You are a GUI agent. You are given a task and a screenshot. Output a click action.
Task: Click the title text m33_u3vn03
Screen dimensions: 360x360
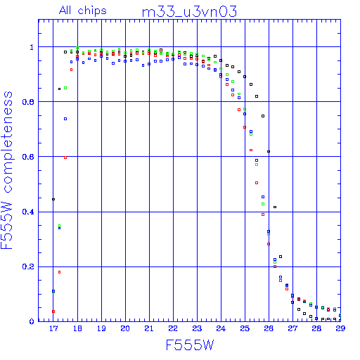[189, 11]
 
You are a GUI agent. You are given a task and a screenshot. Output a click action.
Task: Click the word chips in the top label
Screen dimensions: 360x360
[92, 11]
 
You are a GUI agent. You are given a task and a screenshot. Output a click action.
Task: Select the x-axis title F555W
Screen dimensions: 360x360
[190, 345]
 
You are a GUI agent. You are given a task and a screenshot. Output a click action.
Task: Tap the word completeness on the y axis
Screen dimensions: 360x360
[8, 142]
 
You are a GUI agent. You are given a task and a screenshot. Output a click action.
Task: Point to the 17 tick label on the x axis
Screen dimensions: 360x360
[53, 328]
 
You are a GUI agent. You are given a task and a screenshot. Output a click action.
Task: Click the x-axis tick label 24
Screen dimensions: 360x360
[221, 328]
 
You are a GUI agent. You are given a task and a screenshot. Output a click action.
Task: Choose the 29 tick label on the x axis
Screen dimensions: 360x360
[340, 328]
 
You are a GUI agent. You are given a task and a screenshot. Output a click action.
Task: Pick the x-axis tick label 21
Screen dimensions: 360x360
[149, 328]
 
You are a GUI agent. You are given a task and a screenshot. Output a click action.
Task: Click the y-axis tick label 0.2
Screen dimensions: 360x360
[28, 266]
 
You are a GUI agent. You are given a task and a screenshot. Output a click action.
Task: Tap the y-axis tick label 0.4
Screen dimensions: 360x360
[28, 212]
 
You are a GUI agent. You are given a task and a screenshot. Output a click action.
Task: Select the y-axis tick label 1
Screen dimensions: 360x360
[32, 47]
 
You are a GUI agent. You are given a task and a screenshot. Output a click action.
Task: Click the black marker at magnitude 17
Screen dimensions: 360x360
[53, 199]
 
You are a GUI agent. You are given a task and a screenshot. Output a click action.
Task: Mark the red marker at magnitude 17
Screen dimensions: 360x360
[53, 311]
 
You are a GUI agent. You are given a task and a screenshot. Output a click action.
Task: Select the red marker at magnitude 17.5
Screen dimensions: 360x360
[65, 157]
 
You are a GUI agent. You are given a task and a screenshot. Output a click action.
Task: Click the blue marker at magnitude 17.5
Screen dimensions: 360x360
[65, 119]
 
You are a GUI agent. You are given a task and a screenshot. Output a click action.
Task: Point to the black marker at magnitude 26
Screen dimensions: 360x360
[269, 151]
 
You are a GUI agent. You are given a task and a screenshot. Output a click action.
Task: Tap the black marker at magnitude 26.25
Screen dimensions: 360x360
[275, 207]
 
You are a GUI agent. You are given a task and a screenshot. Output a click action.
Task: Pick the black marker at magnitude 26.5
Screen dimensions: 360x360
[281, 257]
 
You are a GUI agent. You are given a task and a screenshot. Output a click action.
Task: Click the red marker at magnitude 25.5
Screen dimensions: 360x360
[257, 183]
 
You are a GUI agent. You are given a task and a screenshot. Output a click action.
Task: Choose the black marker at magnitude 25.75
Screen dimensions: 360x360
[263, 116]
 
